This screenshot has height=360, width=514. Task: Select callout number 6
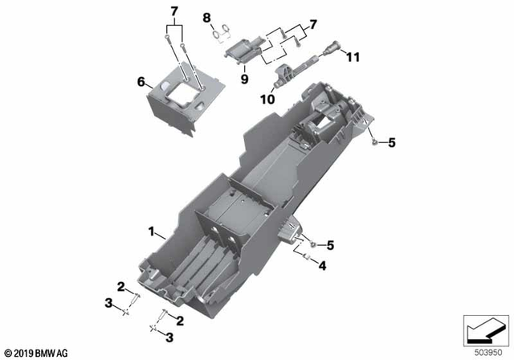coord(141,82)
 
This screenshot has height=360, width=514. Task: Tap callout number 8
coord(206,17)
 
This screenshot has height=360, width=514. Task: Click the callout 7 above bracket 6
coord(173,10)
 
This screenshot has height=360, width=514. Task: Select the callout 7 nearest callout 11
coord(312,24)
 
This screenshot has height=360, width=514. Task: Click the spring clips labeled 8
coord(221,34)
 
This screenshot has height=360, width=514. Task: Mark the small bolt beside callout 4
coord(306,258)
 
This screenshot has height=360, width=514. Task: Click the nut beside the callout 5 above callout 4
coord(312,243)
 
